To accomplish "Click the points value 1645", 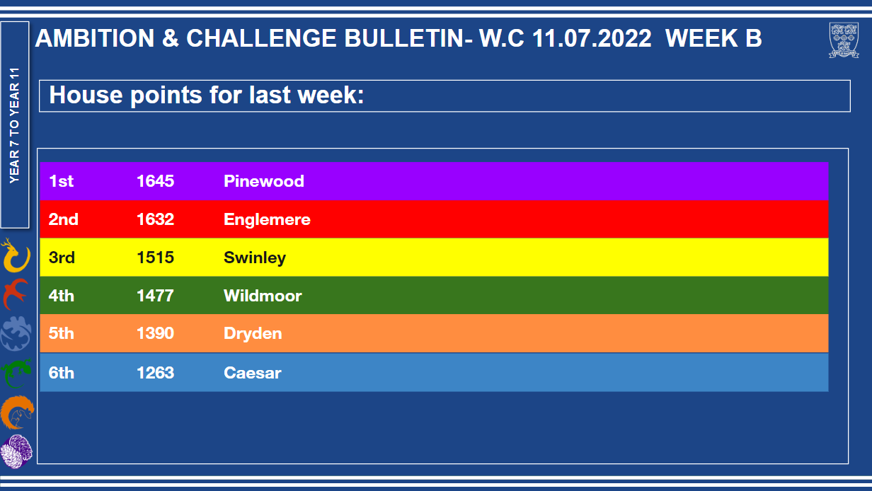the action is (155, 181).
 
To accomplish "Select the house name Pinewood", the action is (263, 181).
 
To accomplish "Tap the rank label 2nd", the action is (64, 219).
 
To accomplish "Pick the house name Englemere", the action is (267, 219).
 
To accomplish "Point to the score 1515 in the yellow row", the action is (155, 258).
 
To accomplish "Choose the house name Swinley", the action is (255, 258).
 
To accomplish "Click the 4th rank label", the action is (61, 296).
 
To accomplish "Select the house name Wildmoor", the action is (263, 296).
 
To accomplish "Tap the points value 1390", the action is (155, 333).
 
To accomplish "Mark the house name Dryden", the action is (253, 334).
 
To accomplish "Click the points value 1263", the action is (155, 373).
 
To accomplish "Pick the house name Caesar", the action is (252, 373).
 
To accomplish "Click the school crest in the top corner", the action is (844, 40).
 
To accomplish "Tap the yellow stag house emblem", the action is (16, 255).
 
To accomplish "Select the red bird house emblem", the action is (15, 294).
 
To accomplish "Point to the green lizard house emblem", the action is (16, 374).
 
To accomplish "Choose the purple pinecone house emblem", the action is (16, 451).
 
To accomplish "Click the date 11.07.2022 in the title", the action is (591, 38).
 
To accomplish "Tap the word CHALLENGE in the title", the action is (261, 38).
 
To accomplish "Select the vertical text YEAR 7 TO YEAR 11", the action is (14, 125).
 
